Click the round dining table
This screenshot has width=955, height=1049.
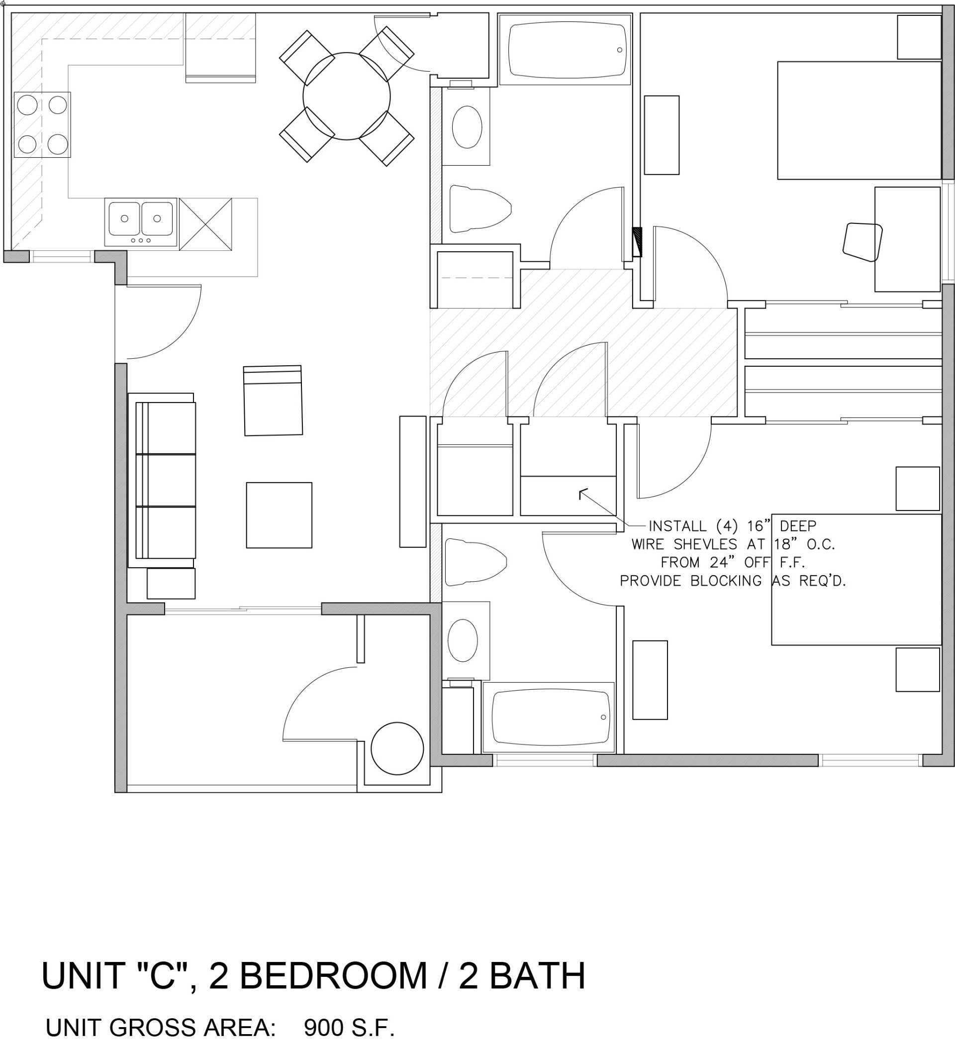346,96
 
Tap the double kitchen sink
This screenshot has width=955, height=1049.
140,220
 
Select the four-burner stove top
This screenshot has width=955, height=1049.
42,125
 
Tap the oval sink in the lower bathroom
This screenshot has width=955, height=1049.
463,640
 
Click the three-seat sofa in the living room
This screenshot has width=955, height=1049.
166,480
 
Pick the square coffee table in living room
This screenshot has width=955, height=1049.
279,515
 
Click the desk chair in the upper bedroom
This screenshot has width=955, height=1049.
862,241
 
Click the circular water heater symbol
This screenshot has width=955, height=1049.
397,749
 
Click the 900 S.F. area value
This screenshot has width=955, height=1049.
349,1027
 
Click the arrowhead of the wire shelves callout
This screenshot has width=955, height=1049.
581,491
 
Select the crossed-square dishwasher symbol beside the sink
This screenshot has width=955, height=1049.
205,224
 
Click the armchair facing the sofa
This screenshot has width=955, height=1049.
273,401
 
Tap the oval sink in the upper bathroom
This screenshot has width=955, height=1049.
467,127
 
